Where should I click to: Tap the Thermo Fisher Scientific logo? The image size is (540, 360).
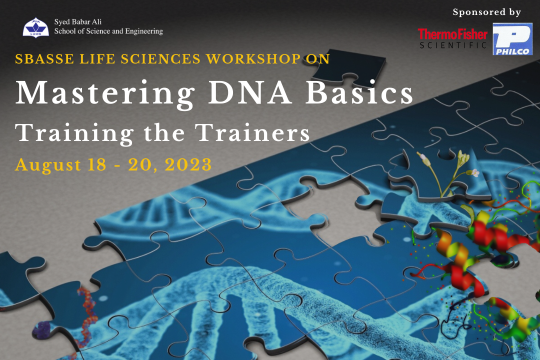tap(452, 38)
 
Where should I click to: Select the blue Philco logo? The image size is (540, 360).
tap(512, 39)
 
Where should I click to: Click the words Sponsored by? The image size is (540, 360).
tap(486, 12)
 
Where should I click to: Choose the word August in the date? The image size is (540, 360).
tap(44, 164)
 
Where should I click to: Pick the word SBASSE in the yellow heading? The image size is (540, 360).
tap(40, 58)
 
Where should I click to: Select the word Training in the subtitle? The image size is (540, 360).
tap(74, 133)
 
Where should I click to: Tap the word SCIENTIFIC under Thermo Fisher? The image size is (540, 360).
tap(452, 45)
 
